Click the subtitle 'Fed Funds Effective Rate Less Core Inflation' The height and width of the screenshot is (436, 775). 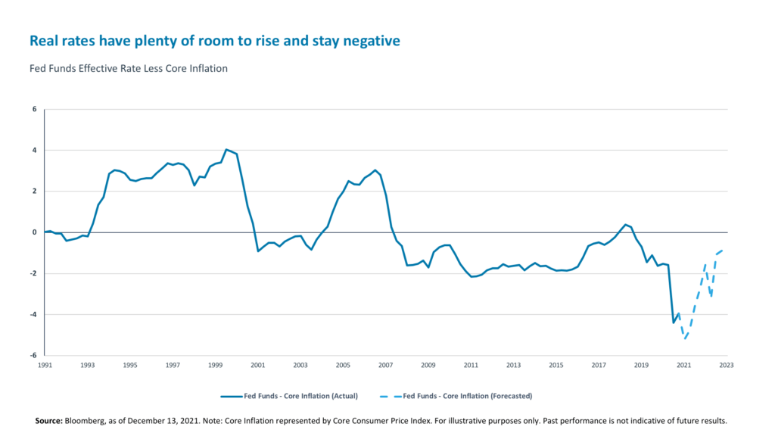[x=128, y=68]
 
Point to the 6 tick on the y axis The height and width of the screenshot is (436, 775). [x=34, y=109]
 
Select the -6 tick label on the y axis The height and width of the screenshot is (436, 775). [x=33, y=355]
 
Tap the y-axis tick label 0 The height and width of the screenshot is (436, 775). [x=34, y=232]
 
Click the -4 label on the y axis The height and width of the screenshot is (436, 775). [x=33, y=314]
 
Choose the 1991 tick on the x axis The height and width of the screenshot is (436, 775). [x=45, y=366]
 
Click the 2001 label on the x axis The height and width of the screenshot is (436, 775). [x=257, y=366]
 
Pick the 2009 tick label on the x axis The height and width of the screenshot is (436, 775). [x=428, y=366]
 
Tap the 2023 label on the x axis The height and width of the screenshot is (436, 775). [x=726, y=366]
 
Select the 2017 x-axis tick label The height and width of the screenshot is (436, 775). [x=598, y=366]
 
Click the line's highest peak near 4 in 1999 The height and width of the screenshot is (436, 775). [x=226, y=149]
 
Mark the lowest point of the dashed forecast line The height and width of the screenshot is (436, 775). [x=685, y=338]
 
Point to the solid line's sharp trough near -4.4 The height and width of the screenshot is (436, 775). [x=674, y=322]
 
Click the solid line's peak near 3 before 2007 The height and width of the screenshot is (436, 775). [x=375, y=170]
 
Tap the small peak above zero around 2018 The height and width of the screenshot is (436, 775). [x=625, y=224]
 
